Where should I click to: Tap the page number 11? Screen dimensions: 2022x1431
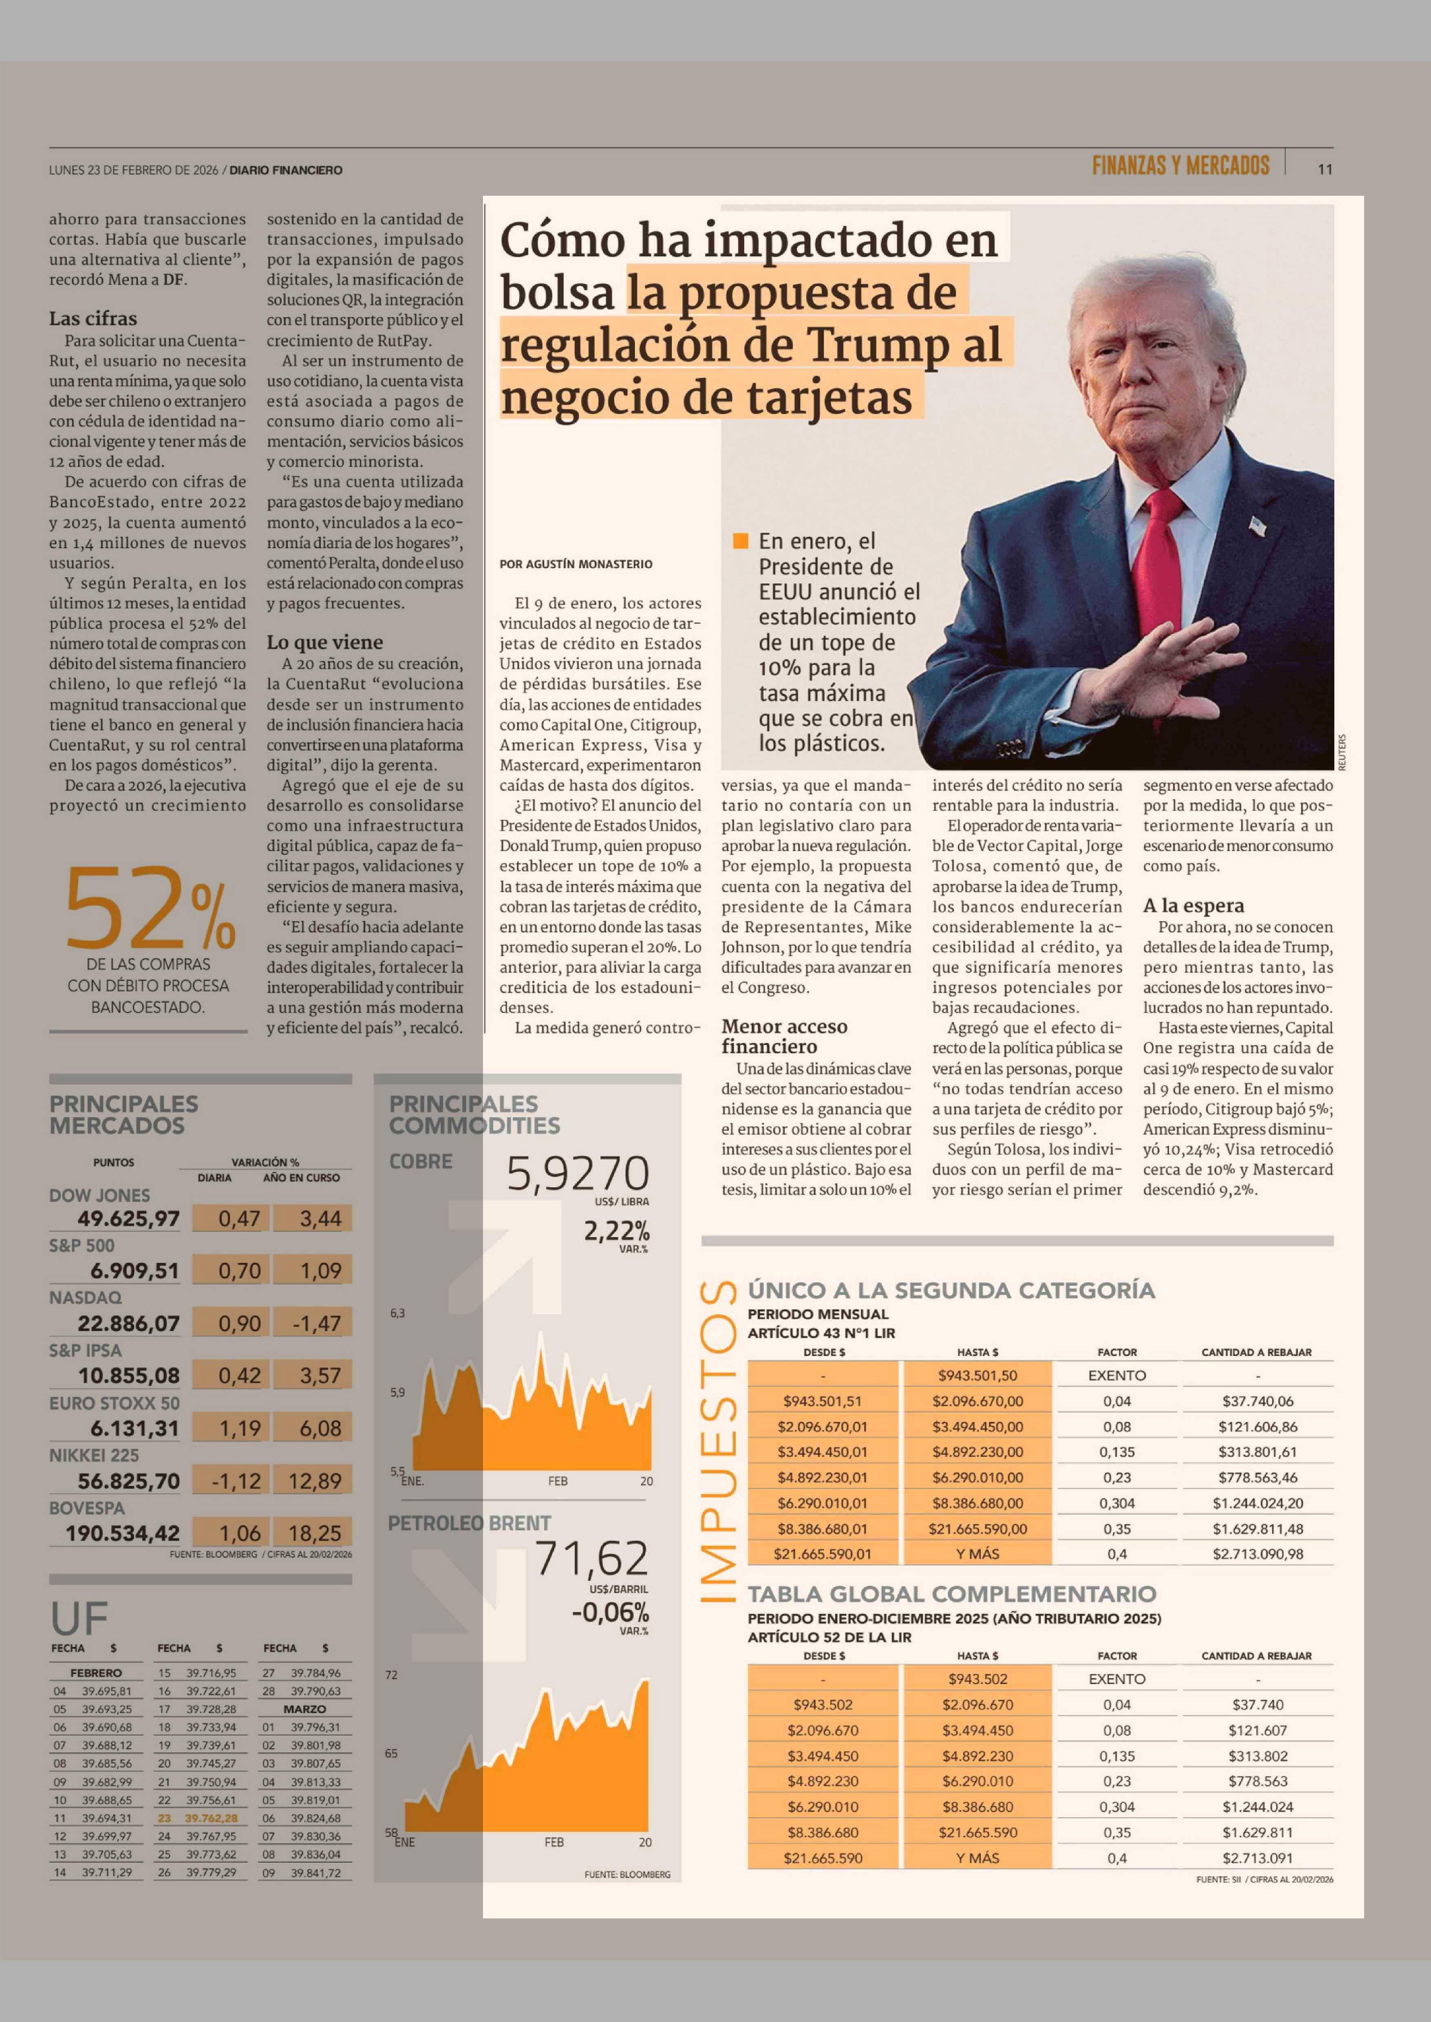point(1325,169)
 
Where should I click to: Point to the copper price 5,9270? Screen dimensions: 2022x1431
point(577,1174)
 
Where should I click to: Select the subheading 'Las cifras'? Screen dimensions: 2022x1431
point(93,318)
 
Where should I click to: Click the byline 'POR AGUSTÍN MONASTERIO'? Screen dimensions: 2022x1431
point(576,564)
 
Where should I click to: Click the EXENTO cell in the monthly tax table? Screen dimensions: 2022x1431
point(1116,1375)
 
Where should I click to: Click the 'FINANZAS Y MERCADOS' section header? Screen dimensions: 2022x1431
point(1180,166)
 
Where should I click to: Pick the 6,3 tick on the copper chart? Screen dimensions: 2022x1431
point(397,1313)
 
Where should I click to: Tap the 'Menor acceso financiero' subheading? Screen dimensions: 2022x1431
point(784,1036)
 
